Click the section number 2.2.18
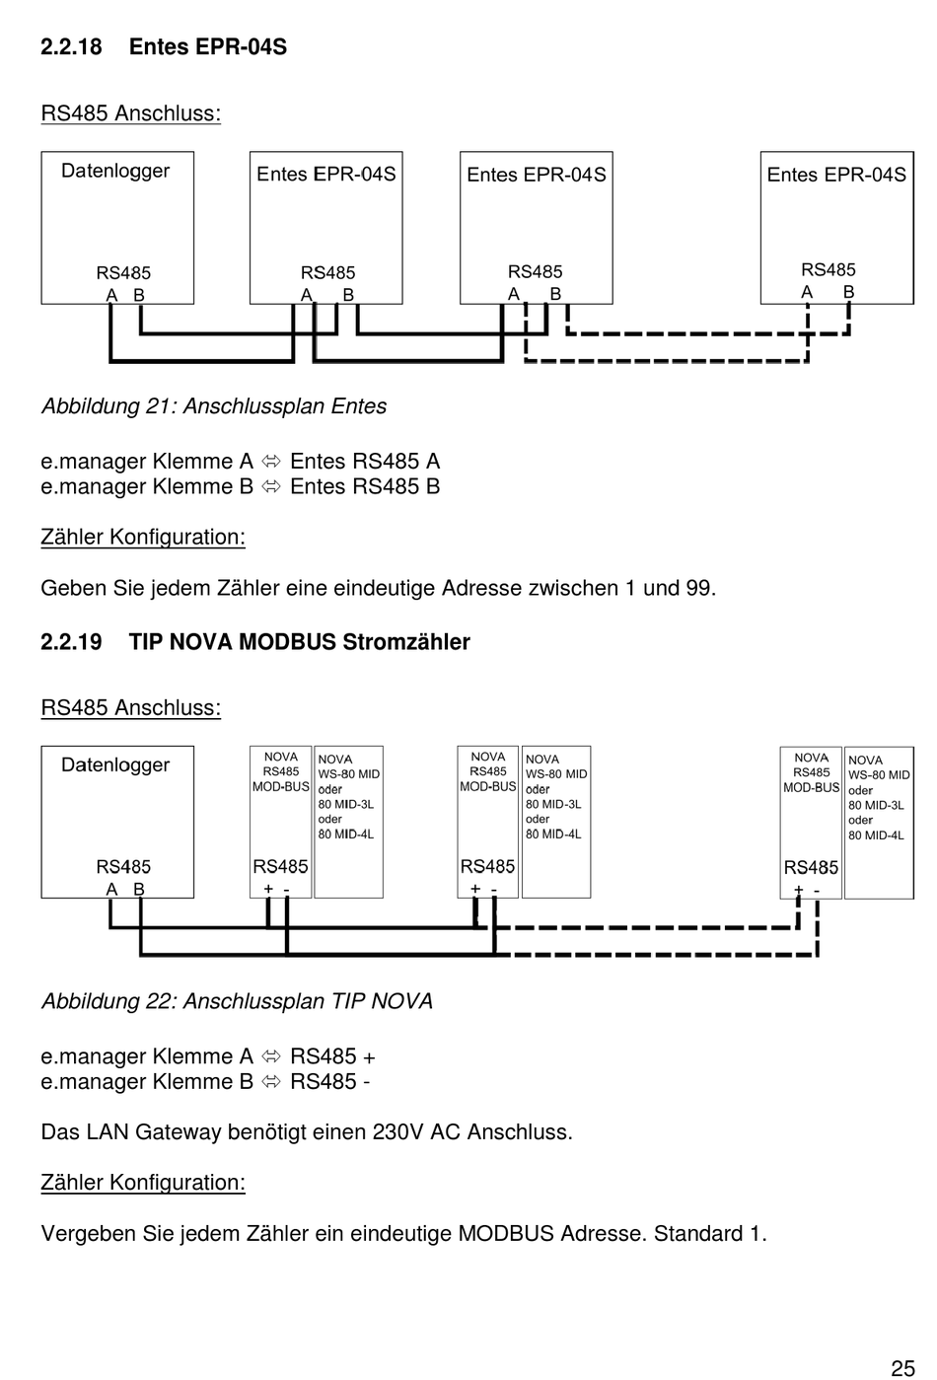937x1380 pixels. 71,46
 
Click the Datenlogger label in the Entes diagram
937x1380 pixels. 115,172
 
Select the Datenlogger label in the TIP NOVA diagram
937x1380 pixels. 115,765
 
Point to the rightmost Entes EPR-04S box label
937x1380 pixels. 836,175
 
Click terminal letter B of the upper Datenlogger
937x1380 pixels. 139,295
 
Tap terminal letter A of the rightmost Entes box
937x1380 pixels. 807,292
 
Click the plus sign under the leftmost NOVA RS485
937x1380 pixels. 268,889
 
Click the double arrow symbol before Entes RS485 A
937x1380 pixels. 271,462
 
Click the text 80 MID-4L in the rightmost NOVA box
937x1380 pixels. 876,835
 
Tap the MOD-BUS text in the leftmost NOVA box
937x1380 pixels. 281,787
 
